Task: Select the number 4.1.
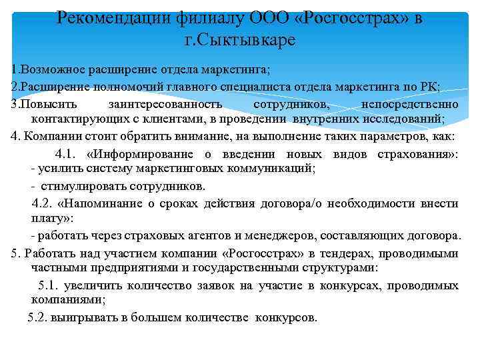[67, 153]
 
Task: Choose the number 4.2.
[43, 203]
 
